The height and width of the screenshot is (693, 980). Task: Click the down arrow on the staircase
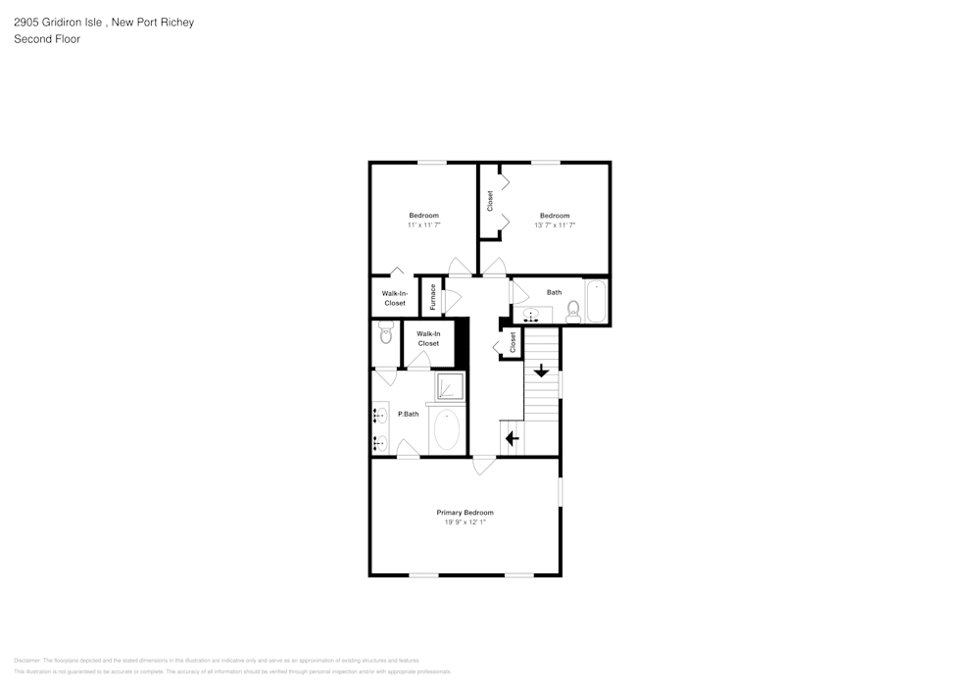[540, 371]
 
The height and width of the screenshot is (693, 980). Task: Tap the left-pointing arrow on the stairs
[511, 438]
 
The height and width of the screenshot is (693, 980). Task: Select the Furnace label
[432, 298]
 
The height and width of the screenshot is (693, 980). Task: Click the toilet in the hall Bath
[574, 311]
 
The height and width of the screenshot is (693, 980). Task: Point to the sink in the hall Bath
[531, 315]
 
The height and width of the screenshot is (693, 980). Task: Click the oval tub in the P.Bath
[447, 429]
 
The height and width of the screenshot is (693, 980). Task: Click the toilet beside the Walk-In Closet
[385, 334]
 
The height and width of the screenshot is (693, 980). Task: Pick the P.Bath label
[408, 415]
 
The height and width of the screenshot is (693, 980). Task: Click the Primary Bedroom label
[465, 513]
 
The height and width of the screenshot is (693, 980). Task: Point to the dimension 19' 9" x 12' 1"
[465, 523]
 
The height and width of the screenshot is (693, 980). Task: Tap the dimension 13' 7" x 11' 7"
[555, 225]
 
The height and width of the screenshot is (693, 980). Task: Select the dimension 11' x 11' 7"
[423, 225]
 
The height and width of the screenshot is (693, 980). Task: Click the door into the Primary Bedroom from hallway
[483, 466]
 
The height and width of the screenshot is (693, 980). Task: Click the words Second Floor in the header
[47, 39]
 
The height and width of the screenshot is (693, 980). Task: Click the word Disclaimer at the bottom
[27, 661]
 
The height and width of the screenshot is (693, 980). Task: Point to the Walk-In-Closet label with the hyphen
[394, 298]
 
